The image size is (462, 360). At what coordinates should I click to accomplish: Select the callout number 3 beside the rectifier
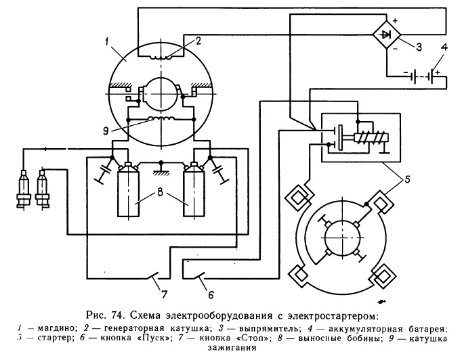tap(418, 47)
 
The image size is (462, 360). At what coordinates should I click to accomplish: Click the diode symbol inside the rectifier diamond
tap(385, 33)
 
